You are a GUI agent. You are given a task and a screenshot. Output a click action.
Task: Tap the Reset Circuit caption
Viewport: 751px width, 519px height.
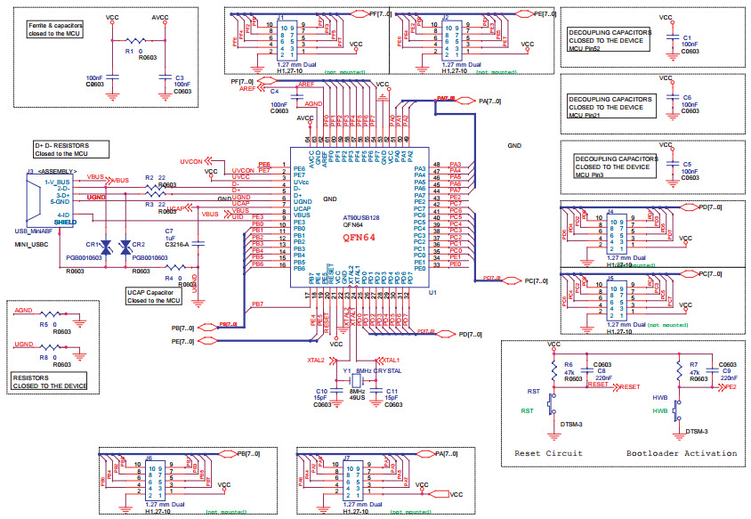[548, 453]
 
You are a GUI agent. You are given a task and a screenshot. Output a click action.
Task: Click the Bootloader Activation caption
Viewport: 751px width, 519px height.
[682, 453]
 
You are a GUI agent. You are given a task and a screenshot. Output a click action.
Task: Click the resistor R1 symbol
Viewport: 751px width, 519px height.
[135, 41]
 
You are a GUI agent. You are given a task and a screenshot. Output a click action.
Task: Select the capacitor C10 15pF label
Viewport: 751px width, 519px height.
[322, 395]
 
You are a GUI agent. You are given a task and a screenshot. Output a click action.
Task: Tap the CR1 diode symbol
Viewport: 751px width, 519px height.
[105, 247]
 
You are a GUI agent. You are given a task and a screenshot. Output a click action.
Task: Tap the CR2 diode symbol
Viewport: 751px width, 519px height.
[125, 247]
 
